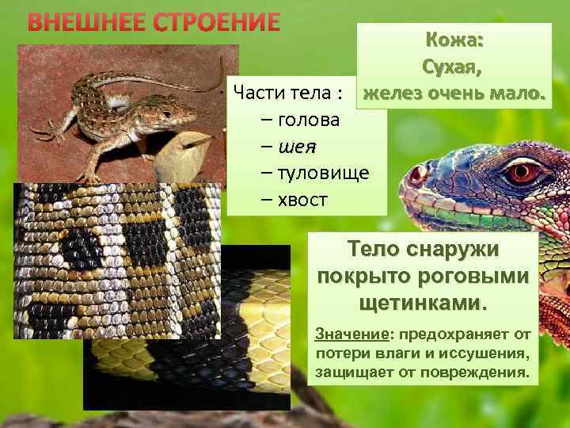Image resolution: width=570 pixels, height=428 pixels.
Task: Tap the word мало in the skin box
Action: pos(515,94)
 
